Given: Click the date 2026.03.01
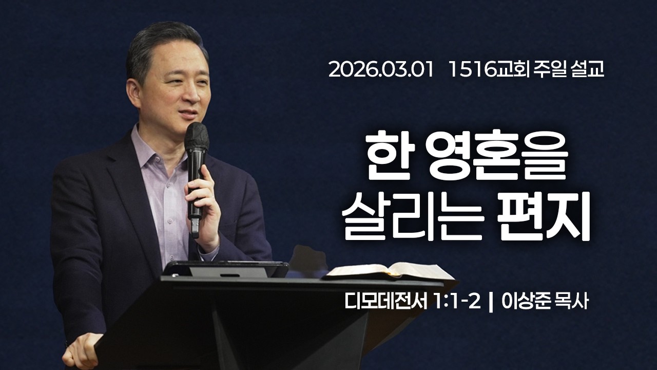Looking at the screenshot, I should tap(383, 70).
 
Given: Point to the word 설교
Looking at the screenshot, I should tap(587, 70).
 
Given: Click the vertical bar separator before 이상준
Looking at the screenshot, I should tap(492, 302).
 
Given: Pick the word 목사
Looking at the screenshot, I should tap(571, 302).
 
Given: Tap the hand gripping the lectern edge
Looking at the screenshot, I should tap(82, 349).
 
